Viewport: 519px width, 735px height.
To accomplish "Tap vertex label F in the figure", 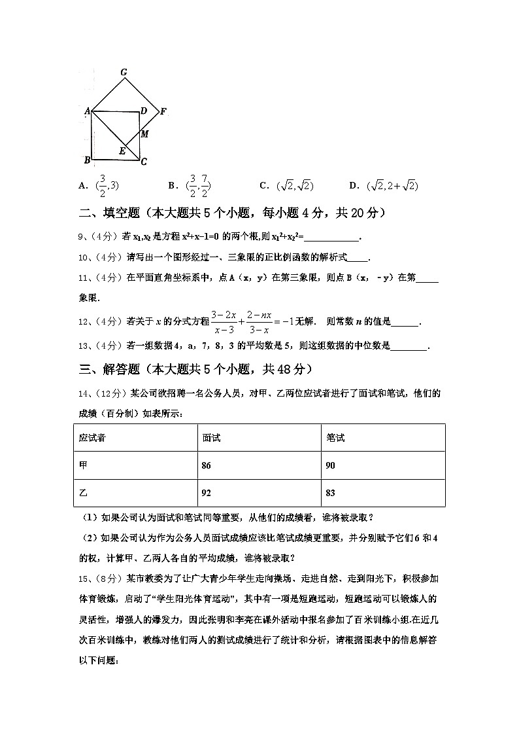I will (x=163, y=111).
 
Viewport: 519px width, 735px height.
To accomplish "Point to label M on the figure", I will (x=145, y=134).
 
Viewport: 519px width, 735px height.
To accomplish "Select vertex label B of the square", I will (x=86, y=160).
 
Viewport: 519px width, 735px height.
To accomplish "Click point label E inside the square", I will (x=122, y=151).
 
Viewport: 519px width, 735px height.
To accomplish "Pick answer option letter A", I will (x=82, y=186).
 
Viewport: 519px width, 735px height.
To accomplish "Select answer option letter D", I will (x=353, y=186).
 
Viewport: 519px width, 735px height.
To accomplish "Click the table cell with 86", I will (x=208, y=465).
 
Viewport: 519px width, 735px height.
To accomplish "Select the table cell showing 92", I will (x=208, y=492).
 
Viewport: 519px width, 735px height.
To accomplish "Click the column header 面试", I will (x=211, y=438).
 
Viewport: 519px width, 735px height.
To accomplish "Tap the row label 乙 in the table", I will (x=83, y=492).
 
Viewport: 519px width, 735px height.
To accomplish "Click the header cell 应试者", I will (x=92, y=438).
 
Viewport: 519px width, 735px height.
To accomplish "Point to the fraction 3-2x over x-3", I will (x=224, y=321).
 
